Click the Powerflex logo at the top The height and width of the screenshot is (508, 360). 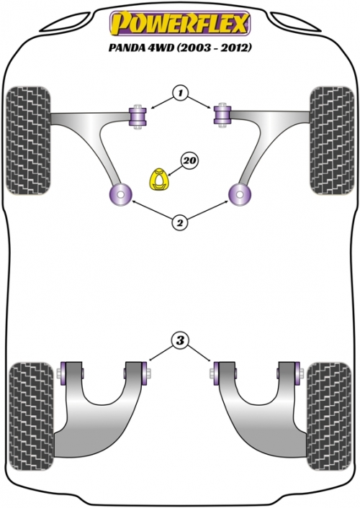pos(180,23)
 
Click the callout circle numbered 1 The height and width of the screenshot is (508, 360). pos(180,94)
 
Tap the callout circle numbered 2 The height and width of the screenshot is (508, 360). pos(179,222)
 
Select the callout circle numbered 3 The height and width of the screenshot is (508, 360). pos(180,340)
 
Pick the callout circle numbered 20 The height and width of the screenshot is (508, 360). pos(191,160)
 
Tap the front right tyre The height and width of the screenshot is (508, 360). pos(332,140)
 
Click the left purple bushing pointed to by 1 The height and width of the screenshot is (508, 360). pos(138,117)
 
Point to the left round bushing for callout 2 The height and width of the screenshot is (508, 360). pos(120,195)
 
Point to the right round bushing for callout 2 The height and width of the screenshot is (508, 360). pos(240,195)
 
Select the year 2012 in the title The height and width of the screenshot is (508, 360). pos(235,48)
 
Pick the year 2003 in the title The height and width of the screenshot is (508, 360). pos(193,48)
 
